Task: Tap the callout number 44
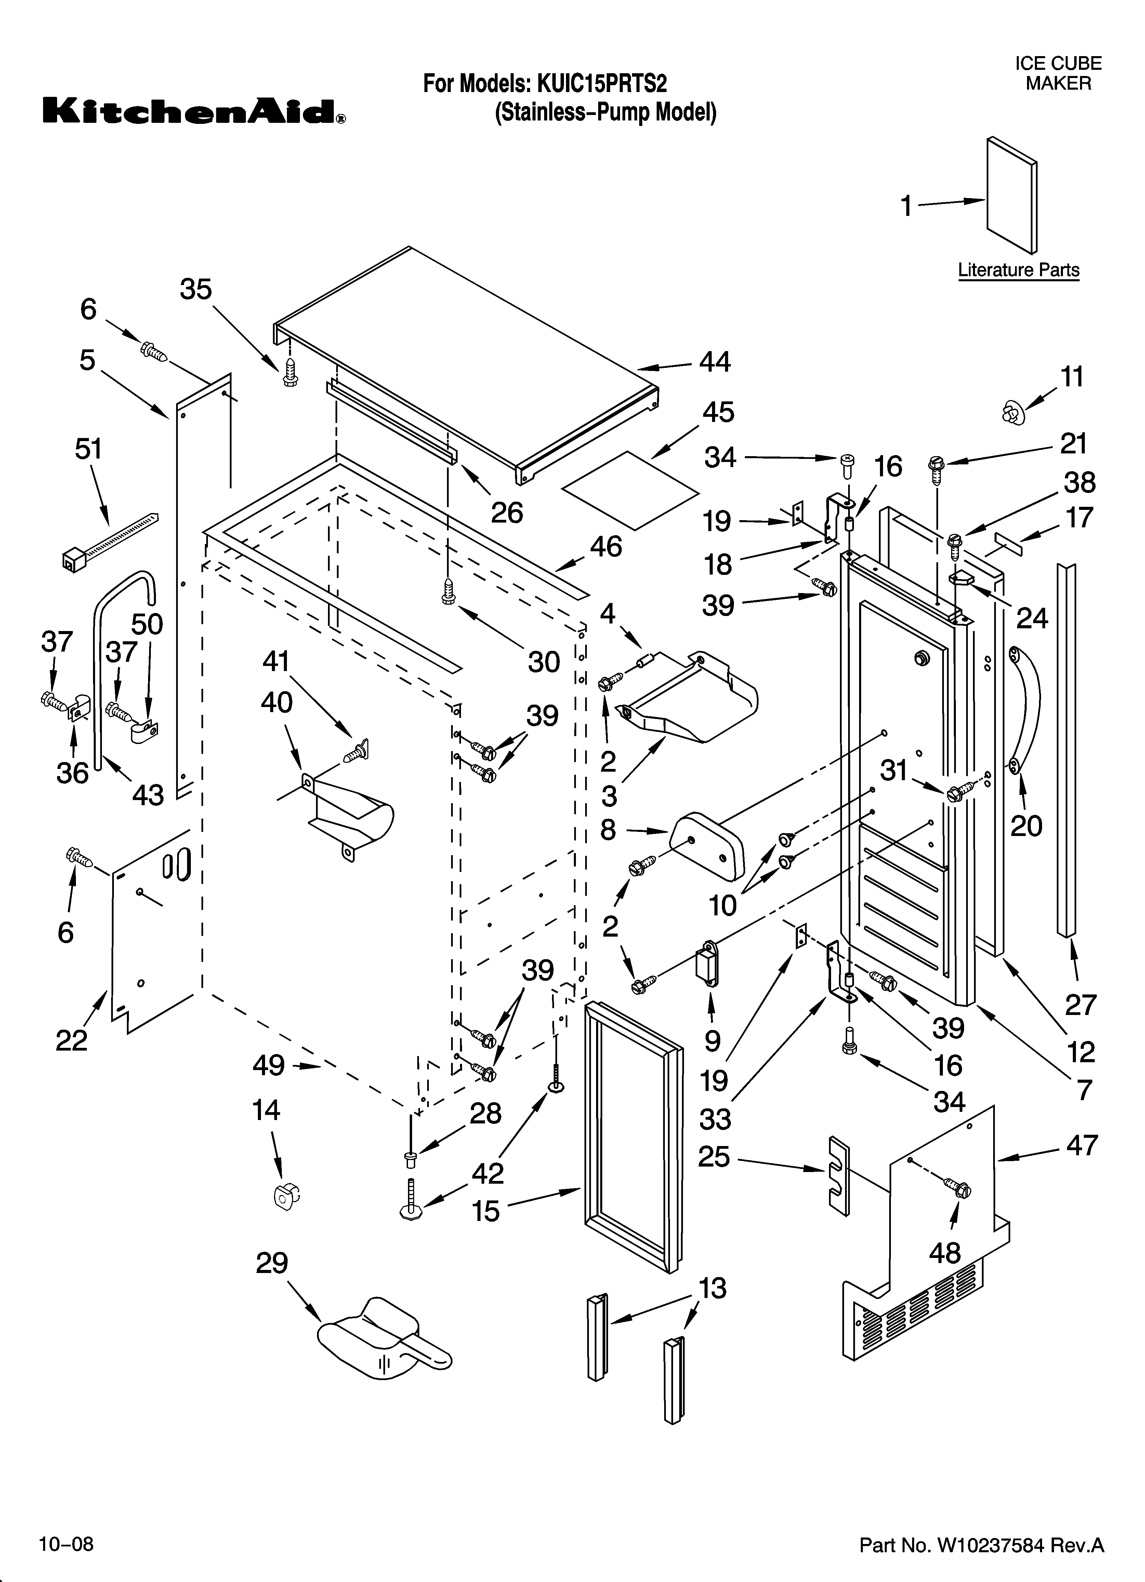tap(715, 361)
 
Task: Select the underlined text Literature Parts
tap(1018, 270)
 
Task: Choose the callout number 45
tap(718, 412)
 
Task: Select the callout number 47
tap(1081, 1145)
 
